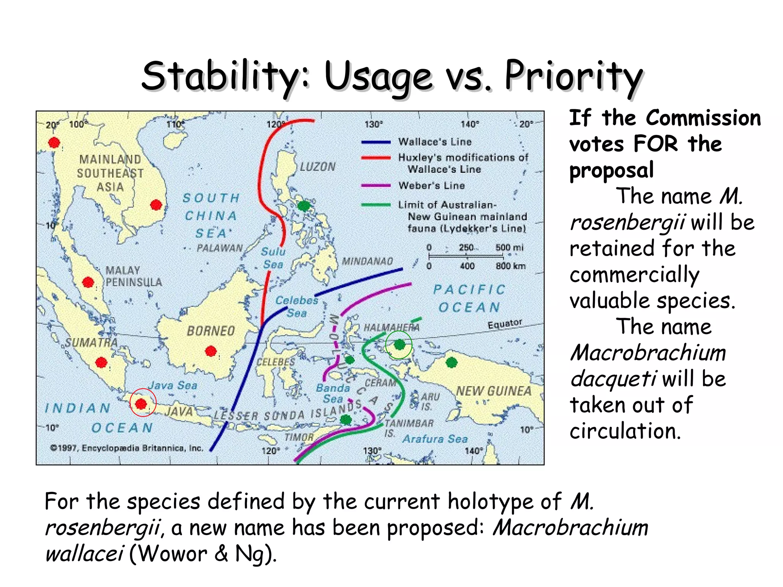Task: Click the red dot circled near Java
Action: click(x=141, y=404)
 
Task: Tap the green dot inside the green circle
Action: click(x=399, y=345)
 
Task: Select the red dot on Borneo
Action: click(x=211, y=351)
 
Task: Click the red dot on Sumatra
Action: click(x=101, y=362)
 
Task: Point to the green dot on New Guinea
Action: click(x=452, y=362)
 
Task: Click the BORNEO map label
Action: click(x=211, y=331)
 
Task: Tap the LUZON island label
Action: click(x=317, y=167)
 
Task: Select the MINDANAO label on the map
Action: click(x=367, y=261)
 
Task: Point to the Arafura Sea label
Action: click(x=435, y=439)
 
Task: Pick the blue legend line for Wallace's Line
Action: click(x=376, y=142)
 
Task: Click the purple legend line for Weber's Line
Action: click(x=376, y=186)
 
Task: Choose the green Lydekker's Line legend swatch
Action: click(x=376, y=205)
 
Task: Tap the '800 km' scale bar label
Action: click(x=510, y=266)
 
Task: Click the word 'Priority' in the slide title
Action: click(x=573, y=76)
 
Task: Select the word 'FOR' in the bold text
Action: click(x=655, y=144)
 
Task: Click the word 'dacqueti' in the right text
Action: click(x=613, y=379)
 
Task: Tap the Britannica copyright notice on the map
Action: click(x=127, y=448)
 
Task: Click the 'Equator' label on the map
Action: click(x=505, y=324)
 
